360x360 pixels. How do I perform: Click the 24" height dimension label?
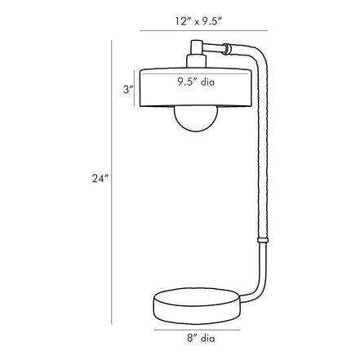pyautogui.click(x=100, y=178)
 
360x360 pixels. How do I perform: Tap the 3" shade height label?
pyautogui.click(x=128, y=89)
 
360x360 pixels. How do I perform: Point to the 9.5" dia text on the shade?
pyautogui.click(x=196, y=82)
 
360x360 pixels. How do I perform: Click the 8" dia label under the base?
pyautogui.click(x=201, y=338)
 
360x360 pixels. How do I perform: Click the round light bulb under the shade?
pyautogui.click(x=196, y=118)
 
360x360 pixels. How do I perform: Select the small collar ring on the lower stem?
pyautogui.click(x=263, y=240)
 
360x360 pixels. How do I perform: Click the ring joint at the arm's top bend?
pyautogui.click(x=226, y=49)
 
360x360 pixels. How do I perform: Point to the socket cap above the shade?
pyautogui.click(x=196, y=60)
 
